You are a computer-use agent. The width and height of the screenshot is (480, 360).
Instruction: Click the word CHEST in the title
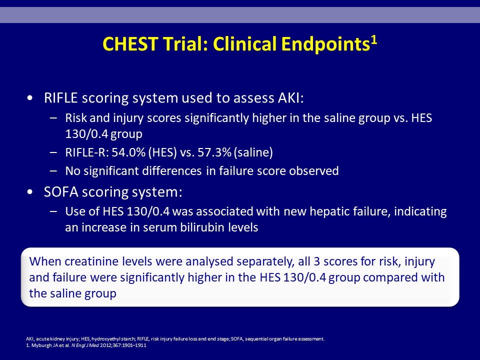tap(130, 44)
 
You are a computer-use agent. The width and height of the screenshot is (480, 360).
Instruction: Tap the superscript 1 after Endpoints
tap(374, 40)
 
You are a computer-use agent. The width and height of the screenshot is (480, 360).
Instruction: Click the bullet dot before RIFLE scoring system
tap(29, 98)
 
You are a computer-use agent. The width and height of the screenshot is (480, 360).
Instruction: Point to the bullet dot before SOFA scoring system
tap(29, 192)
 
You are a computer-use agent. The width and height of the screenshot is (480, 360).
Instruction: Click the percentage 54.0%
tap(128, 152)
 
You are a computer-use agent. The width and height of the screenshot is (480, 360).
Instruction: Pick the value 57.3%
tap(214, 152)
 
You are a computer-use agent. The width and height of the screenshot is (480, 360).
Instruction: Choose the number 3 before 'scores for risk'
tap(316, 261)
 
